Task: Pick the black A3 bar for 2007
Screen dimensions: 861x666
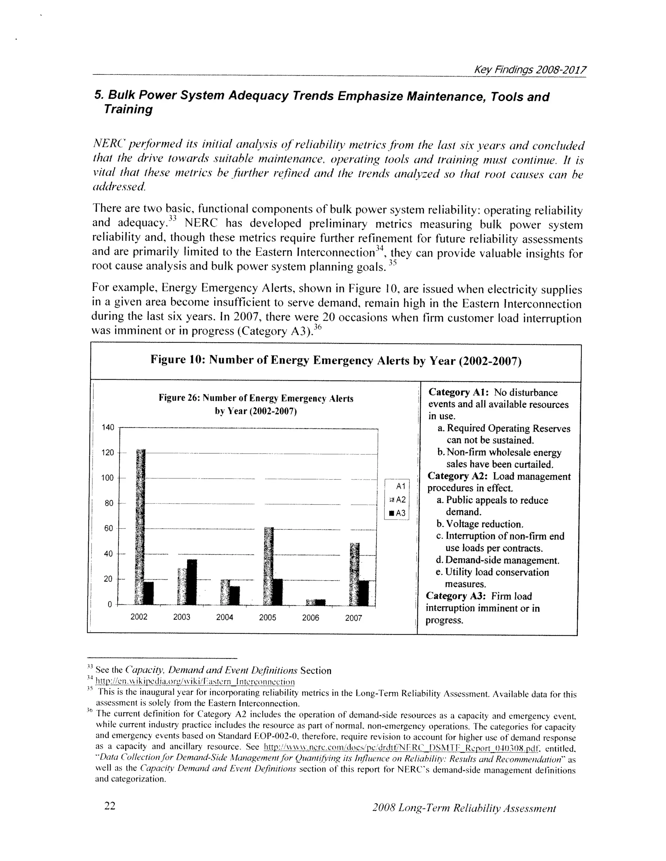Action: point(364,593)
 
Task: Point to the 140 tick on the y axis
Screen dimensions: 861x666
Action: point(108,427)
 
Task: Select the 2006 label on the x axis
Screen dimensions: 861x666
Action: point(311,618)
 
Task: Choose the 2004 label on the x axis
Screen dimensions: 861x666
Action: point(224,617)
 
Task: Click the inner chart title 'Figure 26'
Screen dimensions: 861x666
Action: point(256,399)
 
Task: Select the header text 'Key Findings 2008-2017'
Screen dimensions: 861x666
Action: point(530,70)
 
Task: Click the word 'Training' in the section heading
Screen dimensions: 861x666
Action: point(128,109)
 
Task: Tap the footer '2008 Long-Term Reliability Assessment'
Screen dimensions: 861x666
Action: point(464,808)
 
